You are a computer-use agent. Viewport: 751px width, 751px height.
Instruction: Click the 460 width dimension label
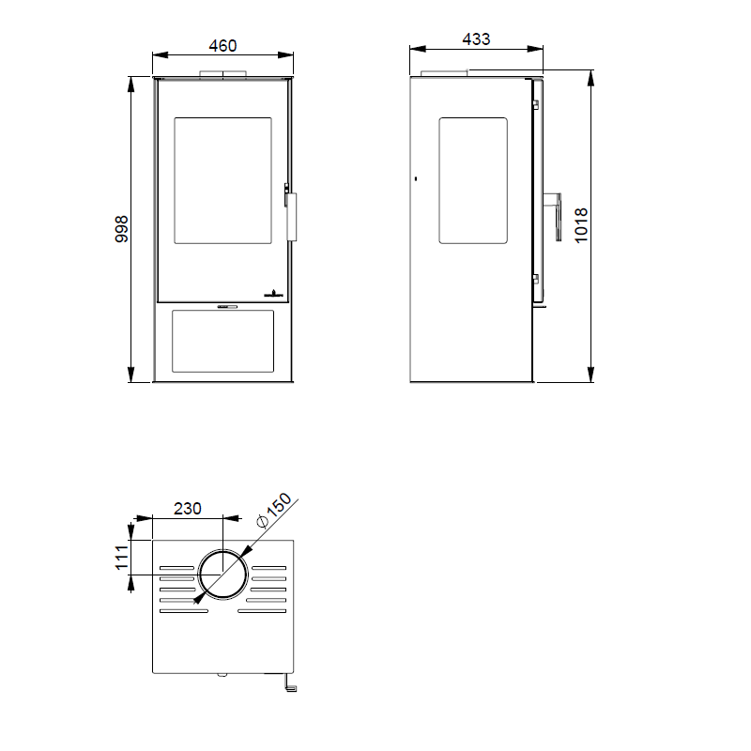pos(222,46)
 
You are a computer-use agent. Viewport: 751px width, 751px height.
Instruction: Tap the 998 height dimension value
pos(122,229)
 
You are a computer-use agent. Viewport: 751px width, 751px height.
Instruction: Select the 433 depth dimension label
pos(476,39)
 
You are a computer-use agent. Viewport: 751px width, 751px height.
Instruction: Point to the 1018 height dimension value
pos(581,225)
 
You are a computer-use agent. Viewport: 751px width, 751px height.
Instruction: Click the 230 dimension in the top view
pos(187,509)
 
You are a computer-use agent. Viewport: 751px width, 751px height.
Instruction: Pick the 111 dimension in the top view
pos(122,558)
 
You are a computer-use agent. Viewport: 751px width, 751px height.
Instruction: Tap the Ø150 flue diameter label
pos(274,510)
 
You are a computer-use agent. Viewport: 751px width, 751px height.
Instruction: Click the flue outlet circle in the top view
pos(222,550)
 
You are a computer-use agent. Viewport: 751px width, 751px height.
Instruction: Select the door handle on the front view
pos(292,217)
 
